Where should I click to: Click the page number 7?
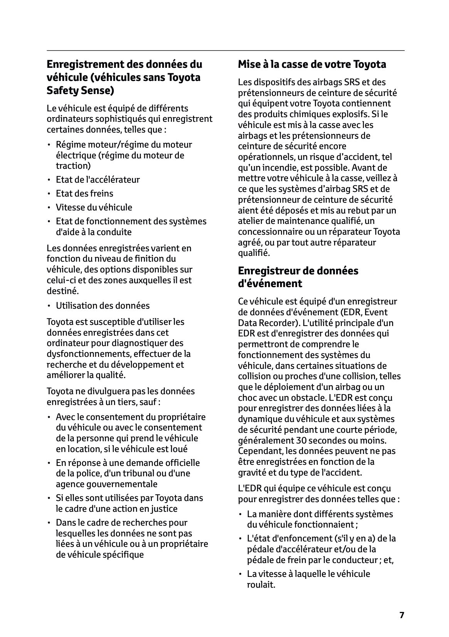pos(402,615)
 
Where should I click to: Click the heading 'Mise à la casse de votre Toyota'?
pos(312,64)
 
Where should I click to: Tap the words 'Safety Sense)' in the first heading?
pos(81,91)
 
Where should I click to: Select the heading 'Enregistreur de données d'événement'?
pos(298,277)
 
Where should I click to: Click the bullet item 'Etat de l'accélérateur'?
pos(98,180)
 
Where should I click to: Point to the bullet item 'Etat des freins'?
pos(85,193)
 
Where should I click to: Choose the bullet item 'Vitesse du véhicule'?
pos(94,207)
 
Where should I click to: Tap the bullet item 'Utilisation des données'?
pos(103,306)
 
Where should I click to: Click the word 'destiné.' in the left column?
pos(63,291)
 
